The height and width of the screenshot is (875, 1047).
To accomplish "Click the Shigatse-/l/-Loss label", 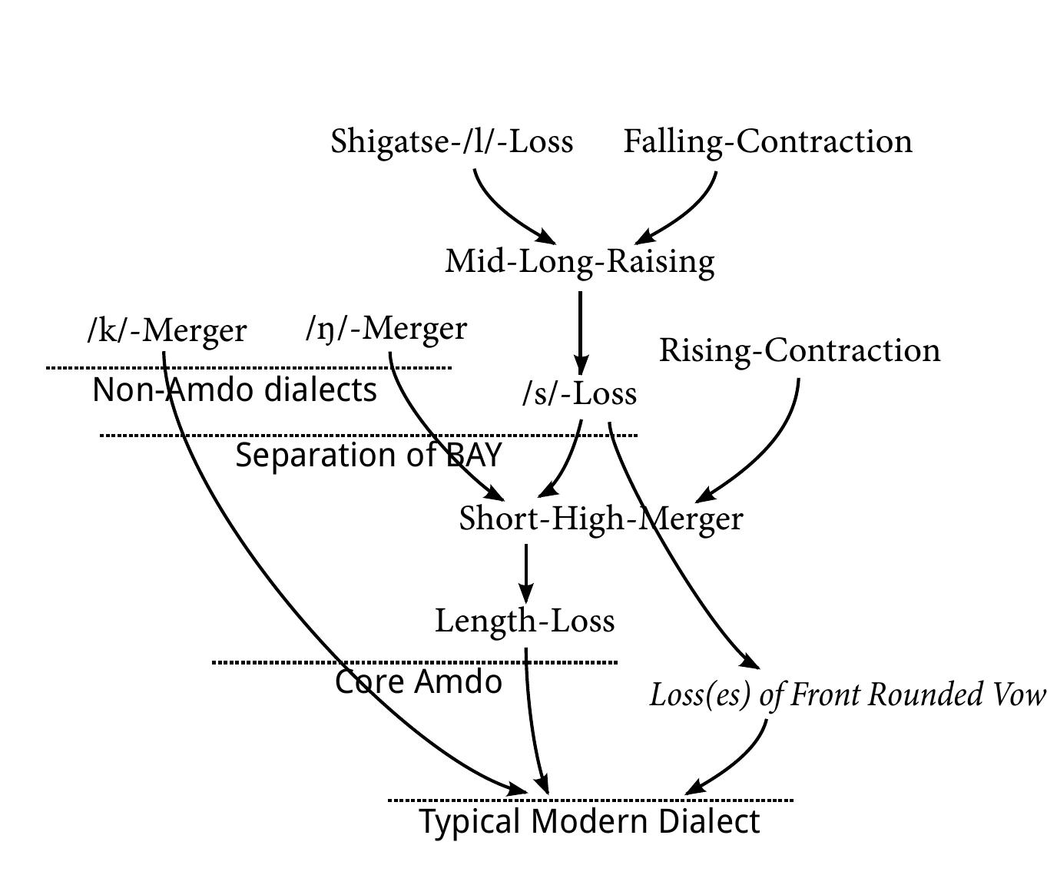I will tap(452, 141).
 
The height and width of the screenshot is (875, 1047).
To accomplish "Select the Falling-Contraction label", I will tap(767, 141).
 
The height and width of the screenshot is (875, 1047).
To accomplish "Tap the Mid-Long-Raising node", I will tap(580, 261).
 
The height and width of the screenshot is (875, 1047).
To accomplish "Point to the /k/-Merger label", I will tap(167, 330).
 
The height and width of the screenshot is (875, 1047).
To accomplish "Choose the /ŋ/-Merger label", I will tap(386, 328).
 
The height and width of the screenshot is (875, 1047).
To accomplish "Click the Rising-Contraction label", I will tap(800, 350).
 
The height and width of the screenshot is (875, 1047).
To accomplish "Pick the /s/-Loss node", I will tap(579, 393).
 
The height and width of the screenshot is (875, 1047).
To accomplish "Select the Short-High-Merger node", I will tap(601, 519).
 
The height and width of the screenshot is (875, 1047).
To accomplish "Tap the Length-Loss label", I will tap(525, 621).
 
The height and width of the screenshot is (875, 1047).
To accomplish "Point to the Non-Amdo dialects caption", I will tap(234, 390).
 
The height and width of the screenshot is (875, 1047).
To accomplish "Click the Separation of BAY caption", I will tap(368, 456).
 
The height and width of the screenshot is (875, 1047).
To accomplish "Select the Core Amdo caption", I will tap(419, 682).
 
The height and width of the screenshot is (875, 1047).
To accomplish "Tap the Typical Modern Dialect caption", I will tap(589, 821).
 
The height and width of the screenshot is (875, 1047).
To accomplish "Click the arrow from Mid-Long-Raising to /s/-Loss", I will tap(581, 330).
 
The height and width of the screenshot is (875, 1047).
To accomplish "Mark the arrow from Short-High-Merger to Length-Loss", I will tap(525, 572).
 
